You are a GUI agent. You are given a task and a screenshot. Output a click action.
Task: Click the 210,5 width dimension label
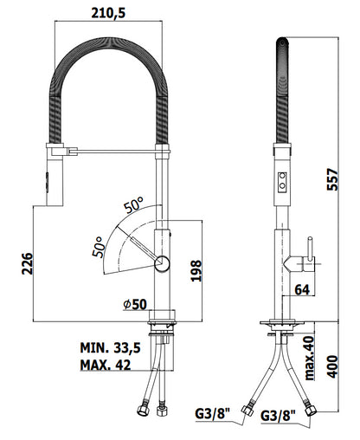(108, 13)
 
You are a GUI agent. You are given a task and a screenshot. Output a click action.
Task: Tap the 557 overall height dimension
(332, 179)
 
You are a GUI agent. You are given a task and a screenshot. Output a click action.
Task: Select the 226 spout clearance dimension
(28, 263)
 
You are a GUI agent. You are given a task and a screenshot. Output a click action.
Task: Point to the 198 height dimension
(196, 270)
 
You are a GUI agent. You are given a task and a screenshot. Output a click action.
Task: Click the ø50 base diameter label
(135, 304)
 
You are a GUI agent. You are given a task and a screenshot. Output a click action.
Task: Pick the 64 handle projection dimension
(302, 289)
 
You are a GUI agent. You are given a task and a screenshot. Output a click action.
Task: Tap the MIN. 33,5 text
(110, 348)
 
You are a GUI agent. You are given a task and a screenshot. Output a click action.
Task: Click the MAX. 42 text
(106, 365)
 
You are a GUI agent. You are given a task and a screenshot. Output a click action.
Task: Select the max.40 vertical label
(309, 358)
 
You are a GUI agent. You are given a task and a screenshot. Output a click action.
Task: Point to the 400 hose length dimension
(332, 366)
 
